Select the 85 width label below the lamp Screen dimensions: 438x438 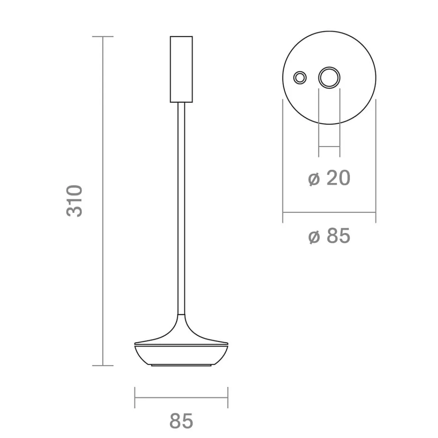click(x=181, y=421)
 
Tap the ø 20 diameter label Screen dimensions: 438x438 click(x=329, y=178)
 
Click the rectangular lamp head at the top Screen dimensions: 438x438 click(x=181, y=69)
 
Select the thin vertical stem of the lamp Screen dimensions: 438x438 click(x=181, y=208)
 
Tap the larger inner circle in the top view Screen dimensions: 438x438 click(x=329, y=77)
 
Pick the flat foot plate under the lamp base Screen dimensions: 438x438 click(x=181, y=365)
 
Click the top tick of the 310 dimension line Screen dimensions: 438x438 click(x=103, y=36)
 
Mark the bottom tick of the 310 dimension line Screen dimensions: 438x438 click(x=103, y=365)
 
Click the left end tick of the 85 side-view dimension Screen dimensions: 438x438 click(x=135, y=397)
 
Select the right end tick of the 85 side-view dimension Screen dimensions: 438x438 click(x=228, y=397)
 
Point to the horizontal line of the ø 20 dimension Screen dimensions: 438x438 click(x=329, y=147)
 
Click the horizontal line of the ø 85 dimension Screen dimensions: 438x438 click(x=329, y=212)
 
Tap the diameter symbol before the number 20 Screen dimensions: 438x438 click(x=314, y=179)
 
